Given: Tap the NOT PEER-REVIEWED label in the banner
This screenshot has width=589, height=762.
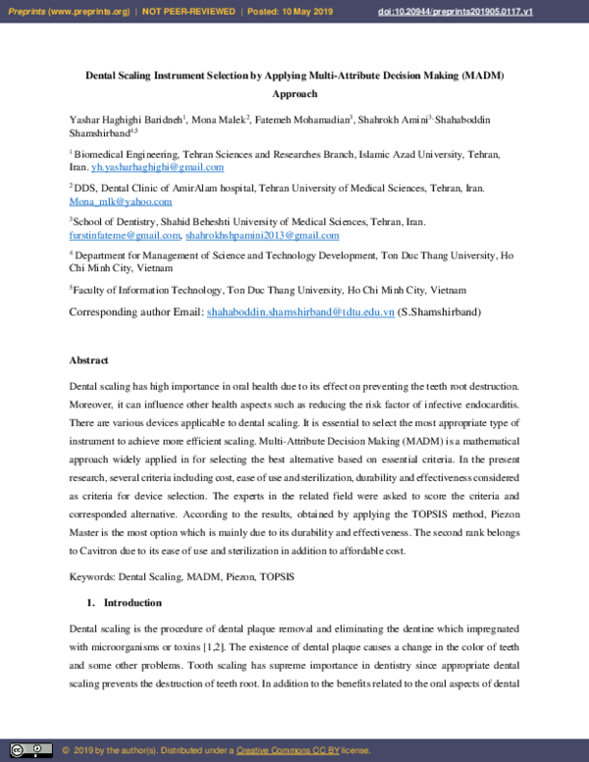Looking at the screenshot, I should point(186,10).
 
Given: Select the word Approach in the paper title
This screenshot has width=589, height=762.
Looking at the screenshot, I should point(294,94).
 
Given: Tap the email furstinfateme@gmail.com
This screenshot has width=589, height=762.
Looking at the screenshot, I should point(125,236).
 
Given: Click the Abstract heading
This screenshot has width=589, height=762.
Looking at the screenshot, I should point(89,360).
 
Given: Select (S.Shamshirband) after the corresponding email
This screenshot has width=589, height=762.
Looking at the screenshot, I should point(440,312).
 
